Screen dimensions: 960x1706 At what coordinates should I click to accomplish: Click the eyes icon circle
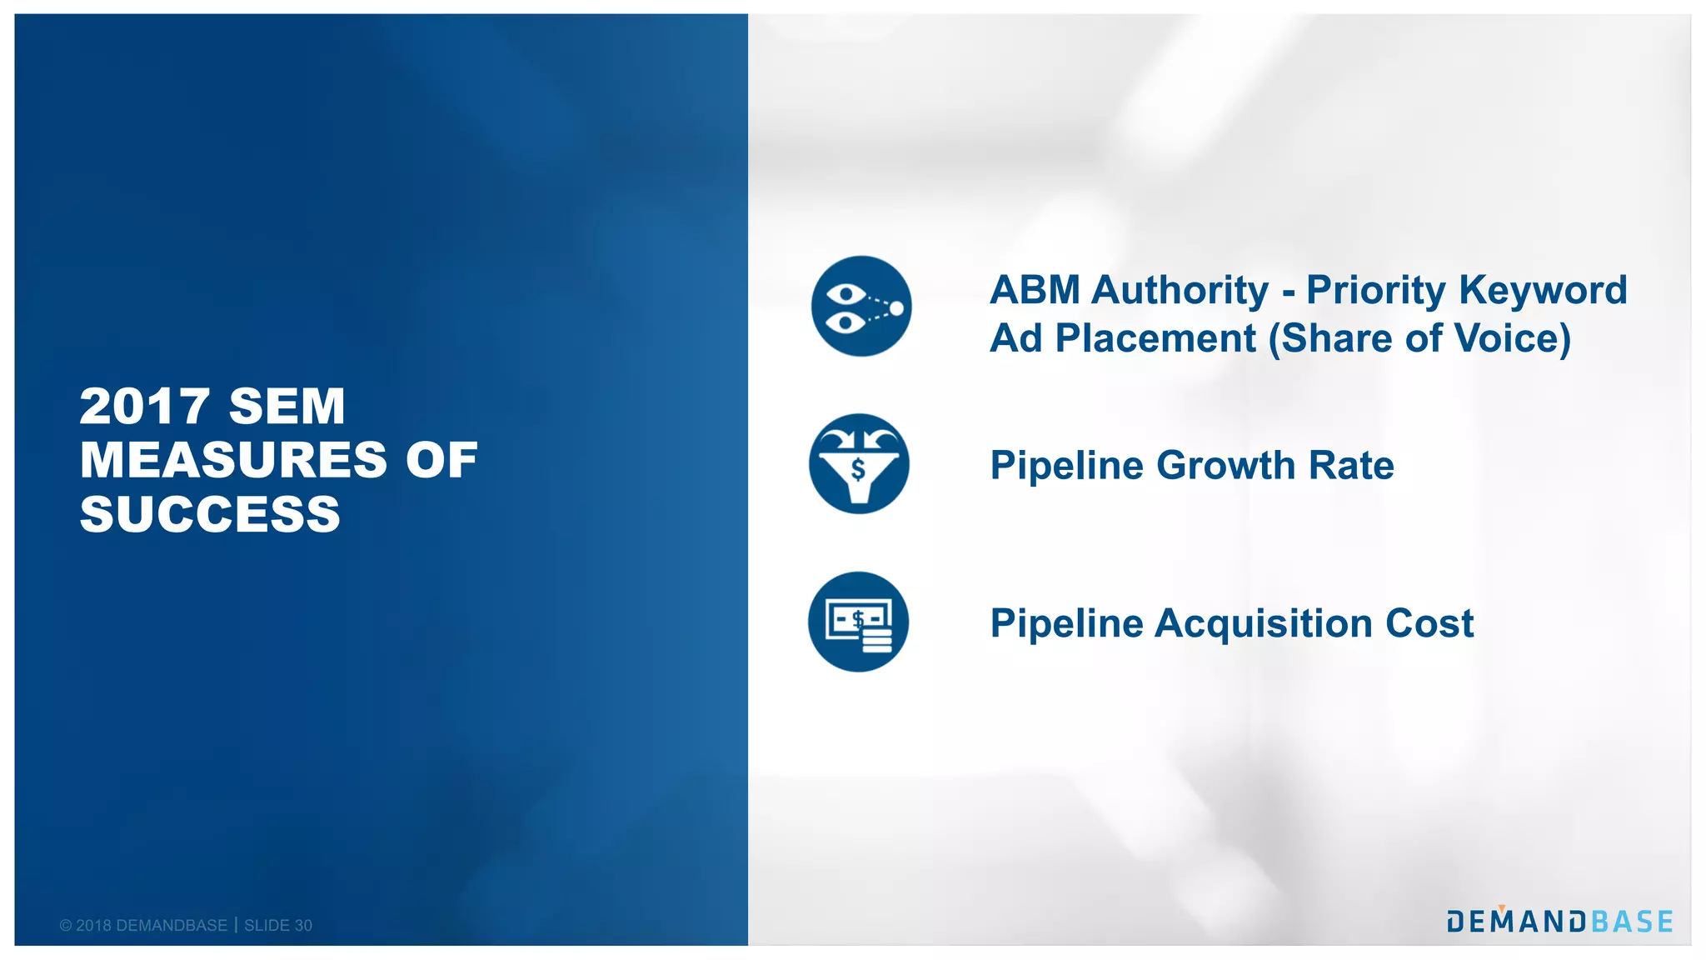click(x=861, y=306)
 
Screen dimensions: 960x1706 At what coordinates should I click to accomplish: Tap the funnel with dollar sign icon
click(x=859, y=463)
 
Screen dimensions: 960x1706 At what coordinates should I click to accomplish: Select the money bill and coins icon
click(x=858, y=622)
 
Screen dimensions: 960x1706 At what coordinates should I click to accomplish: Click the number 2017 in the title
click(x=144, y=407)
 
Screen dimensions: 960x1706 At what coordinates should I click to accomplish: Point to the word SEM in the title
click(x=287, y=407)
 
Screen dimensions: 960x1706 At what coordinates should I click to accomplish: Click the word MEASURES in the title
click(x=233, y=460)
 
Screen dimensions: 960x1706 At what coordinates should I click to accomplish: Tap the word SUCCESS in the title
click(x=210, y=514)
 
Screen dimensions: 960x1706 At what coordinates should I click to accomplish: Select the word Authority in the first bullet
click(x=1180, y=291)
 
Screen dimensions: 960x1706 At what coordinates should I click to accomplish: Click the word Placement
click(x=1155, y=339)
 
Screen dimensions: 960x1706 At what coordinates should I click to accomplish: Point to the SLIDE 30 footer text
click(x=278, y=926)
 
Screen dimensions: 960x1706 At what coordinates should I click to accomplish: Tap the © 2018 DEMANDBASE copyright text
click(x=143, y=926)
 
